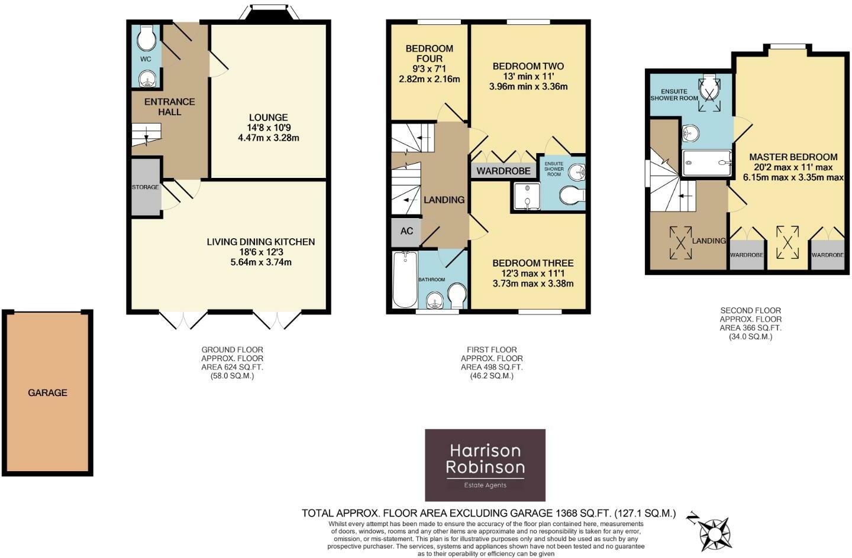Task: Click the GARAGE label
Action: tap(47, 392)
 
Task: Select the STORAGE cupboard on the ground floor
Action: tap(146, 187)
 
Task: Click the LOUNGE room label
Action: tap(268, 118)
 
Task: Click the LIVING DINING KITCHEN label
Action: tap(260, 242)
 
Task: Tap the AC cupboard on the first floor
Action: tap(406, 231)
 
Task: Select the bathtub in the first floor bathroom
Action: tap(405, 279)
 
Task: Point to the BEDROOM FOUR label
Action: tap(429, 53)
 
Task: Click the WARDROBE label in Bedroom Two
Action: tap(503, 171)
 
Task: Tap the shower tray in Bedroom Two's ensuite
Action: tap(526, 195)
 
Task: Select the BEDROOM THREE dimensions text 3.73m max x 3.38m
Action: tap(532, 283)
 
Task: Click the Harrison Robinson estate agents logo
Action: tap(485, 465)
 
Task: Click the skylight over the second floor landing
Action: tap(681, 242)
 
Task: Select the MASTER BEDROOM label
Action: tap(793, 157)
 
